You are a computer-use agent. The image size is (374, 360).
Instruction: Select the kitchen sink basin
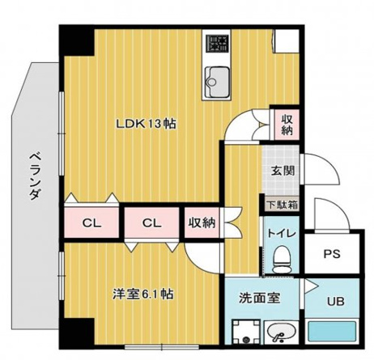(218, 79)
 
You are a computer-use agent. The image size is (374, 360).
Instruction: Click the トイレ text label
(283, 234)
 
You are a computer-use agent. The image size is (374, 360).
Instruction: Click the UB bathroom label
(334, 303)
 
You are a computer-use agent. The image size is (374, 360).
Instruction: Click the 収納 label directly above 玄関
(287, 124)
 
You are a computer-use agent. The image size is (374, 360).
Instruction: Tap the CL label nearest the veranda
(92, 222)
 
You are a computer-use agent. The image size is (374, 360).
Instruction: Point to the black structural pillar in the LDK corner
(78, 40)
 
